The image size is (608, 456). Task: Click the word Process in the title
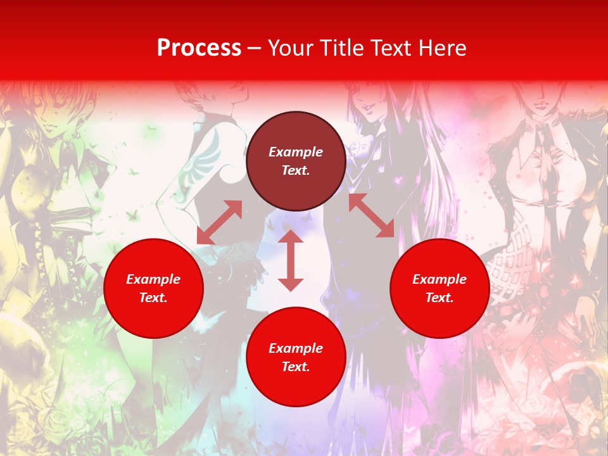click(199, 48)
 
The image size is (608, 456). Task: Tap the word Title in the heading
click(344, 48)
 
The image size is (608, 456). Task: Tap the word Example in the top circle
click(296, 152)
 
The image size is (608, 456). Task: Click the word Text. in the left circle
click(153, 298)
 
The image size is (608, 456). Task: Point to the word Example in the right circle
click(440, 279)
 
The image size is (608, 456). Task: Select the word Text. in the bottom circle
click(296, 367)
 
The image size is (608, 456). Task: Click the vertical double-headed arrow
click(291, 260)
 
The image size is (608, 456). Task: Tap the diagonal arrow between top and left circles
click(220, 222)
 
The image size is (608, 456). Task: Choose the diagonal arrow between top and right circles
click(371, 215)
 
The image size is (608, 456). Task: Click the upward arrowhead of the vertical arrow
click(291, 236)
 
